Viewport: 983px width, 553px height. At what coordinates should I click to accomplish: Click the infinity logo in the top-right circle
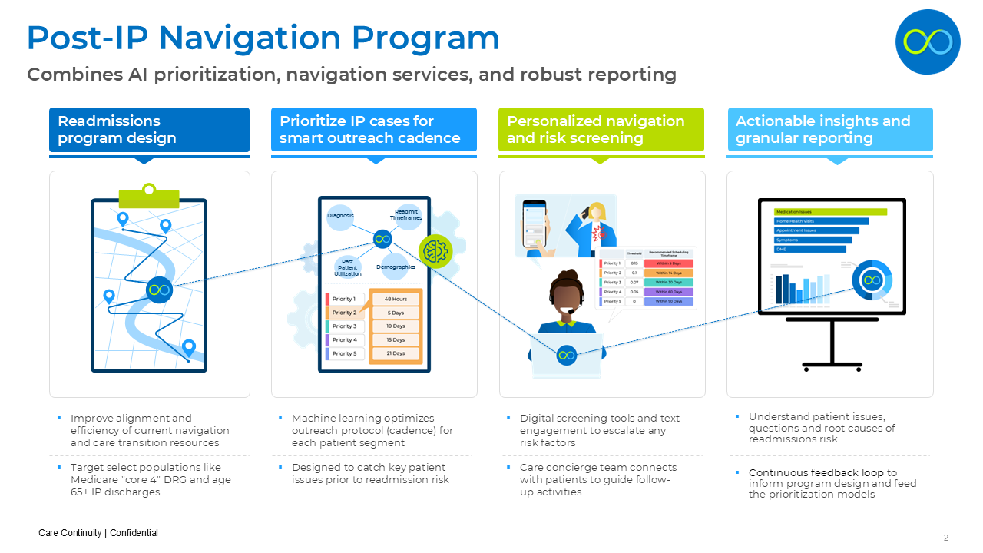(x=928, y=41)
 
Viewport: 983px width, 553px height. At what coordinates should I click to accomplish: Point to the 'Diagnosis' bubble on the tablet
(x=340, y=216)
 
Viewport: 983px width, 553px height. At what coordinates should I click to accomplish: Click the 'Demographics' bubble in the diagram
(x=396, y=267)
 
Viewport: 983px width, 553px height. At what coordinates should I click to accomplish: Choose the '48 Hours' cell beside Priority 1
(x=396, y=299)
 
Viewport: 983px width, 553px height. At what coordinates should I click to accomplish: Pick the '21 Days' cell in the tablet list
(x=396, y=353)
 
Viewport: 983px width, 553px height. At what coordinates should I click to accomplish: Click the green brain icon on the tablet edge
(x=435, y=250)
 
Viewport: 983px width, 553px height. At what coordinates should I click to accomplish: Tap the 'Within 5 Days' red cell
(x=668, y=263)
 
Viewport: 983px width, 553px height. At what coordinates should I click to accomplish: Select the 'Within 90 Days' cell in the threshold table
(x=668, y=301)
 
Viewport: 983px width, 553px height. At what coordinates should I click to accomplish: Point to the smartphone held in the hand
(x=535, y=224)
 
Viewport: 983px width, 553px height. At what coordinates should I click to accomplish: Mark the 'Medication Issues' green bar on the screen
(x=830, y=212)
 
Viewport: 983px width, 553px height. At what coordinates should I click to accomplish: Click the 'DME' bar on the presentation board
(x=809, y=249)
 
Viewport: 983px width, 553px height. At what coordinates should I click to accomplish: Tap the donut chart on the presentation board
(x=872, y=280)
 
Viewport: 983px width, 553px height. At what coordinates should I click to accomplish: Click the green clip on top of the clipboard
(x=149, y=194)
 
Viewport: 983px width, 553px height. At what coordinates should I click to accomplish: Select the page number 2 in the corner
(x=946, y=538)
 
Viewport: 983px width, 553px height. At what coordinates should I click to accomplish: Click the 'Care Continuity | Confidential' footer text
(x=98, y=533)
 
